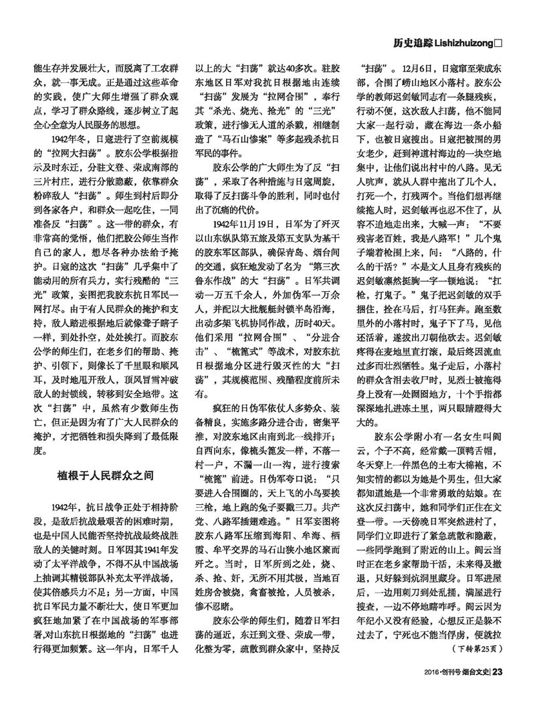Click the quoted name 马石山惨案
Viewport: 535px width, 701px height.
pyautogui.click(x=251, y=152)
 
